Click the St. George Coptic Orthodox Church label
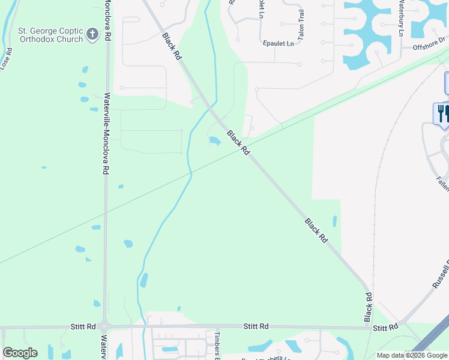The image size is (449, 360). [x=50, y=35]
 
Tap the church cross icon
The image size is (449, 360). [x=92, y=34]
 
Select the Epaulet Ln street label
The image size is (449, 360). [x=279, y=44]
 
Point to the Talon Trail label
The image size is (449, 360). [x=301, y=25]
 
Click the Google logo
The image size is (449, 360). [x=20, y=353]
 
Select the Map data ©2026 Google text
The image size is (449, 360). [x=412, y=355]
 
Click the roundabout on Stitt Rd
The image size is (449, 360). [x=104, y=328]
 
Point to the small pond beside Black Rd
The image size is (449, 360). [x=214, y=142]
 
